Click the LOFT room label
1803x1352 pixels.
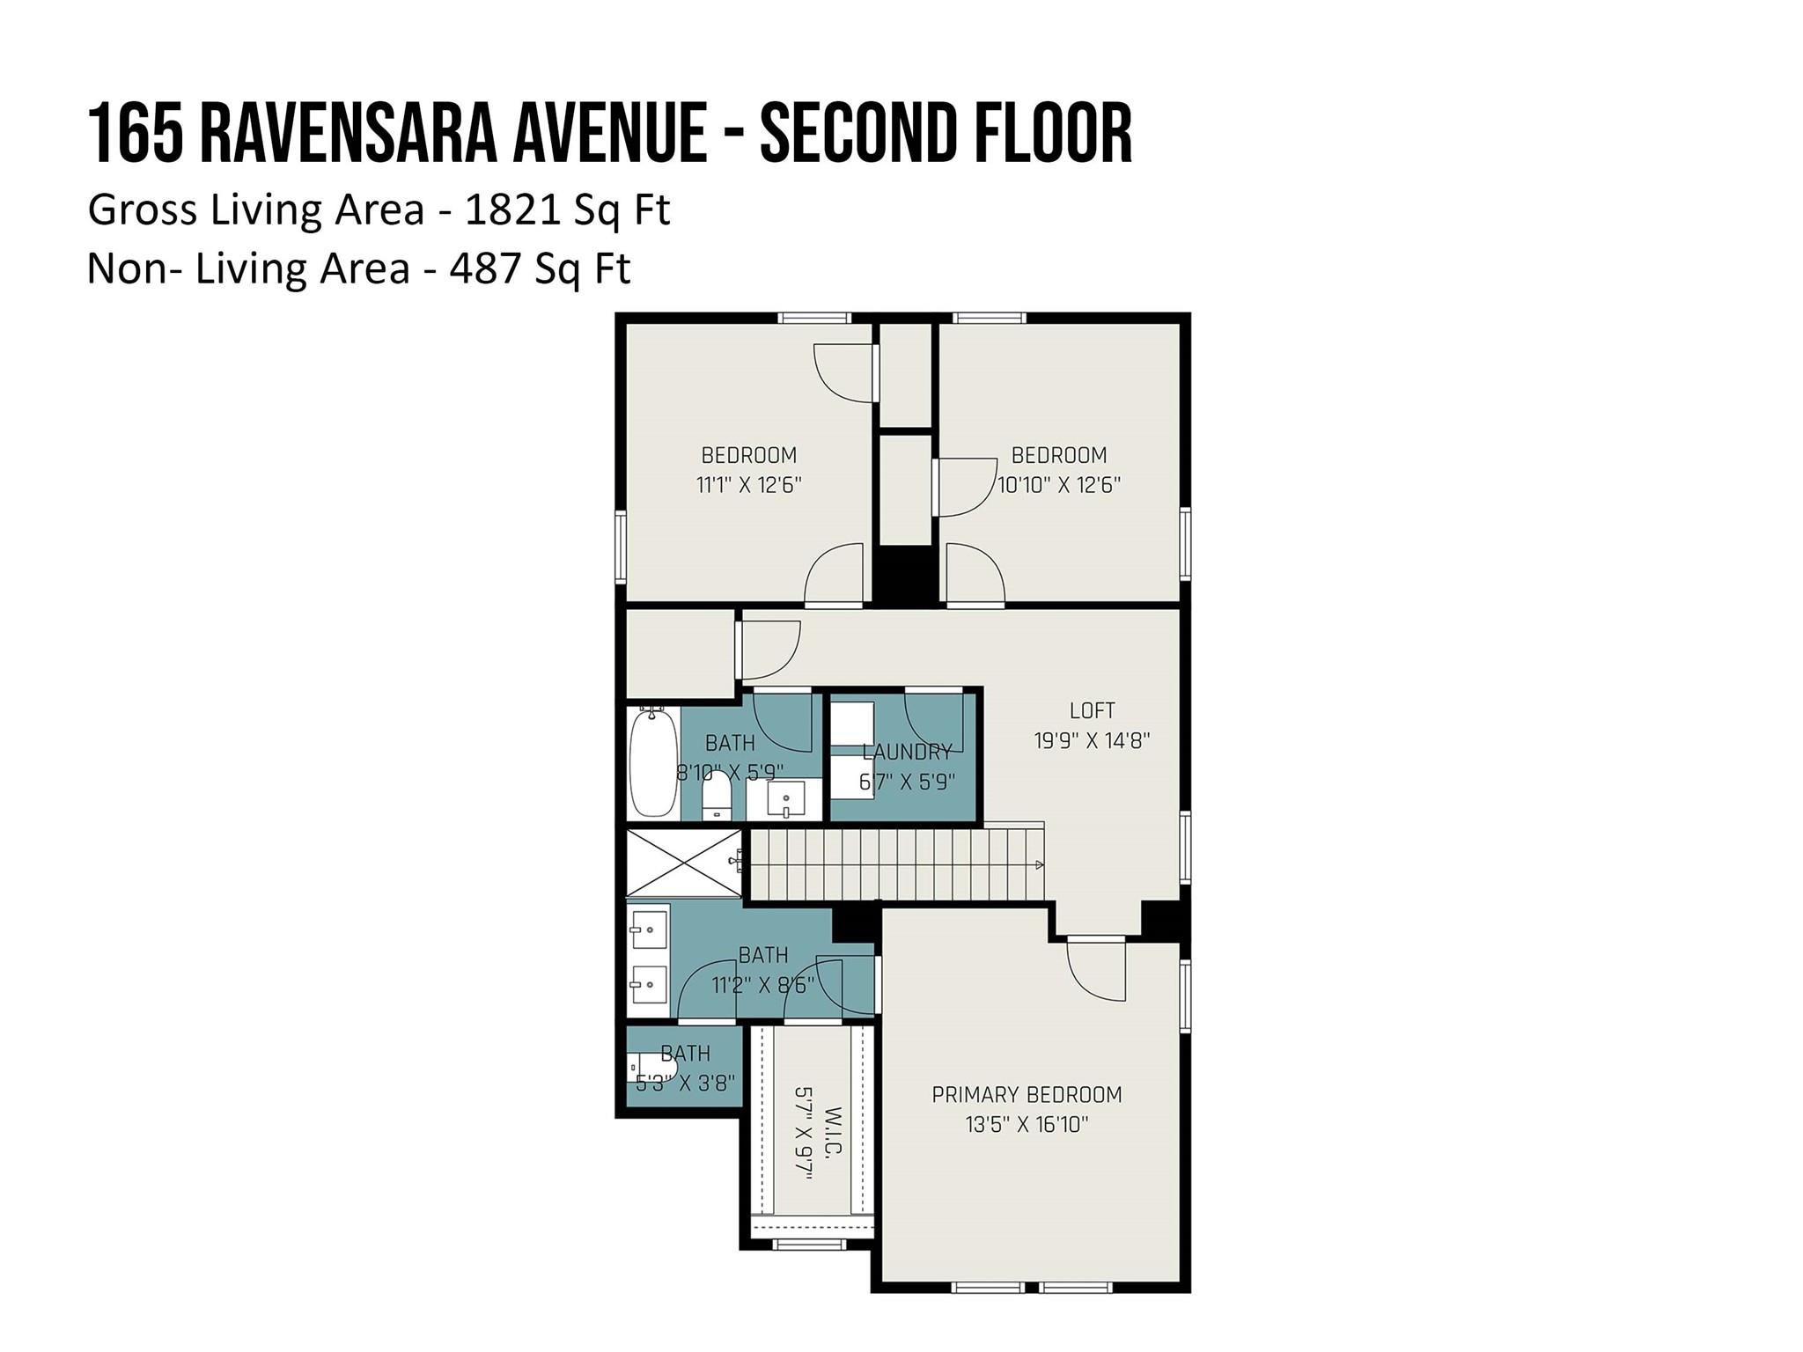tap(1092, 710)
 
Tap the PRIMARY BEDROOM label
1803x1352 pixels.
tap(1027, 1095)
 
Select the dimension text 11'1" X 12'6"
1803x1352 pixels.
tap(748, 485)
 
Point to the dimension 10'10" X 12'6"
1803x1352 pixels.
tap(1058, 485)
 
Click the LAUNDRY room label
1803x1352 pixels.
tap(907, 753)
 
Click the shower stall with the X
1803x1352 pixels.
tap(683, 863)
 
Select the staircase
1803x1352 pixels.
tap(894, 864)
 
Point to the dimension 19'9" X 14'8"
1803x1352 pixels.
tap(1092, 740)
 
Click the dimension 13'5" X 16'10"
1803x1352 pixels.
tap(1027, 1125)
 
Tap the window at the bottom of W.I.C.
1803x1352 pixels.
tap(807, 1244)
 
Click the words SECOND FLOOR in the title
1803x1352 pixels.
tap(946, 135)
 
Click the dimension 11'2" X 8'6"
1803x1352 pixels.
tap(762, 985)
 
